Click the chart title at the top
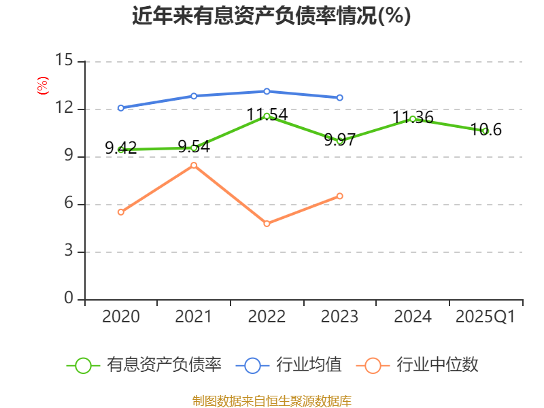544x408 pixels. pyautogui.click(x=271, y=16)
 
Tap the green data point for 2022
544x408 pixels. pyautogui.click(x=267, y=116)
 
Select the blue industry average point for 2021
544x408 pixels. pyautogui.click(x=194, y=96)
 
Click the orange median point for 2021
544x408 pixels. pyautogui.click(x=194, y=165)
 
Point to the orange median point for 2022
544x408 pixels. pyautogui.click(x=267, y=224)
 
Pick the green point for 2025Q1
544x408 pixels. pyautogui.click(x=485, y=131)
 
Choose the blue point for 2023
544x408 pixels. pyautogui.click(x=340, y=97)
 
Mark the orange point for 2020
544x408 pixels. pyautogui.click(x=121, y=212)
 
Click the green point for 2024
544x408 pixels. pyautogui.click(x=412, y=119)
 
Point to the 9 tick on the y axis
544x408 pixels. pyautogui.click(x=68, y=156)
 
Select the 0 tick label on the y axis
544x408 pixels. pyautogui.click(x=68, y=299)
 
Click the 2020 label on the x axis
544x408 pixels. pyautogui.click(x=121, y=317)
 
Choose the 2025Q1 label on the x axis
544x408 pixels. pyautogui.click(x=485, y=317)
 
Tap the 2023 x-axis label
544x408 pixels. pyautogui.click(x=340, y=317)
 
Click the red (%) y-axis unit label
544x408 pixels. pyautogui.click(x=42, y=86)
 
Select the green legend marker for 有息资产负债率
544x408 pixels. pyautogui.click(x=83, y=366)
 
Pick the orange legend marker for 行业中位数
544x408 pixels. pyautogui.click(x=373, y=366)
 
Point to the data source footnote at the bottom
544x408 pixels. pyautogui.click(x=271, y=401)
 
